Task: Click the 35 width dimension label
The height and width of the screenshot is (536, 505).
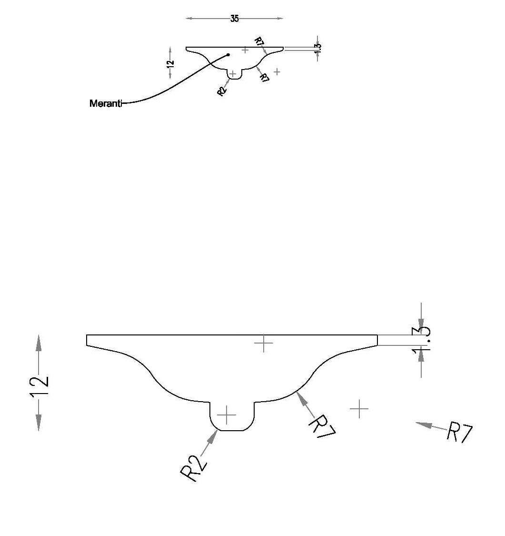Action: (234, 19)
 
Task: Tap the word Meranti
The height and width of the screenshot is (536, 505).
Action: (106, 103)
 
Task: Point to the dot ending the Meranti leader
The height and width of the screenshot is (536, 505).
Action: (228, 55)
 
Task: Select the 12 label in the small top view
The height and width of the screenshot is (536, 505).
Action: (171, 63)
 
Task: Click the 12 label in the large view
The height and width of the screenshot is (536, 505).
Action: (40, 386)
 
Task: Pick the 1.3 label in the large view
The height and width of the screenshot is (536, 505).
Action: (421, 341)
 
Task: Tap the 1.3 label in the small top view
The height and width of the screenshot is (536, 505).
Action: (317, 48)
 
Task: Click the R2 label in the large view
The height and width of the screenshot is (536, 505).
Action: (193, 468)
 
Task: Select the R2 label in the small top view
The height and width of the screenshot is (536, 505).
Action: (222, 91)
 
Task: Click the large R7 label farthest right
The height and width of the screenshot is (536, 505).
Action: (460, 432)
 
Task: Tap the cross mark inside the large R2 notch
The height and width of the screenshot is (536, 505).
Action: (227, 415)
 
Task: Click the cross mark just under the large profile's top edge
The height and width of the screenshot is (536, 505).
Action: (264, 343)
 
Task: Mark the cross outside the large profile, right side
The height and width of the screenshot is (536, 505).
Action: (359, 408)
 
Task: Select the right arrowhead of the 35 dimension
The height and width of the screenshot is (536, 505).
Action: (280, 19)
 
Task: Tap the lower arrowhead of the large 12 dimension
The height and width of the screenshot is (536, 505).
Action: (39, 423)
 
